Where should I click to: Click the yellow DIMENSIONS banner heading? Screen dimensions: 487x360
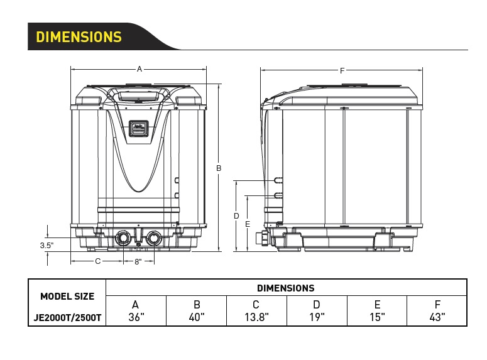pos(79,36)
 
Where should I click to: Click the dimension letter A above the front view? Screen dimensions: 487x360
pos(140,69)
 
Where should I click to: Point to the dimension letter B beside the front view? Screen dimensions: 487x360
pos(219,168)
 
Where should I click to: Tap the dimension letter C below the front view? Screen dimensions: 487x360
pos(98,261)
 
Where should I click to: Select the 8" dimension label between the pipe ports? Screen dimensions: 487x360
pos(138,262)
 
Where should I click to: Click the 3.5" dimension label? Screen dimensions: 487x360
pos(47,246)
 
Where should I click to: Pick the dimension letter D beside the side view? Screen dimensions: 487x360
pos(236,216)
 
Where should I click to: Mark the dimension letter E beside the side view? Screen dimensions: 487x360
pos(248,224)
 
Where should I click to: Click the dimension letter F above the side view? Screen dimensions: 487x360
pos(342,71)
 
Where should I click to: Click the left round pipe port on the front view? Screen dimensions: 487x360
pos(123,239)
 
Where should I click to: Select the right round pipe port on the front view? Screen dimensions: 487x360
pos(154,239)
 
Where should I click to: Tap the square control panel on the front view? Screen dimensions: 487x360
pos(138,128)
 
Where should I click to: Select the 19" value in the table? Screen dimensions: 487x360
pos(317,317)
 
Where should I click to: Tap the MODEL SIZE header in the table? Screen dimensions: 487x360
pos(67,297)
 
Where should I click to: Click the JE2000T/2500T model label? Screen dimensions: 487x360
pos(67,318)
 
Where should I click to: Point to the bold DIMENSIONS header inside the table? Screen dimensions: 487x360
pos(286,288)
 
